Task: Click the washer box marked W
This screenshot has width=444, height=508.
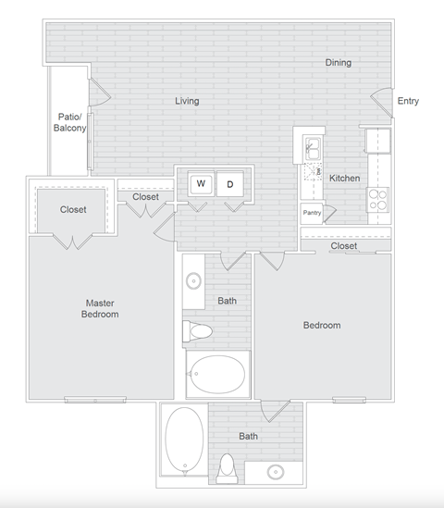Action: click(201, 183)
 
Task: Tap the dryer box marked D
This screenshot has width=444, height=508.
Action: click(229, 183)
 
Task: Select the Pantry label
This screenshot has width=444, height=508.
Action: click(312, 214)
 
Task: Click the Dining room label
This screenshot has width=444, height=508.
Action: click(338, 63)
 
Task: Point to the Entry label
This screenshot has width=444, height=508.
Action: click(408, 101)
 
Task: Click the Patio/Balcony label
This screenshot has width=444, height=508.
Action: click(70, 123)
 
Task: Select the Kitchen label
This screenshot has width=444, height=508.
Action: click(345, 179)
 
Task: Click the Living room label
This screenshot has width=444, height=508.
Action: click(187, 101)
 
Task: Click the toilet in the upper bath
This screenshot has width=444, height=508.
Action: click(198, 330)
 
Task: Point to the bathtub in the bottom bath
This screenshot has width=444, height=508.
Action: click(183, 440)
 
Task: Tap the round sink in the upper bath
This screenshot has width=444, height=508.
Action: click(194, 282)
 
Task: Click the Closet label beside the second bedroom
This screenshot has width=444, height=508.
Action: click(344, 246)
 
